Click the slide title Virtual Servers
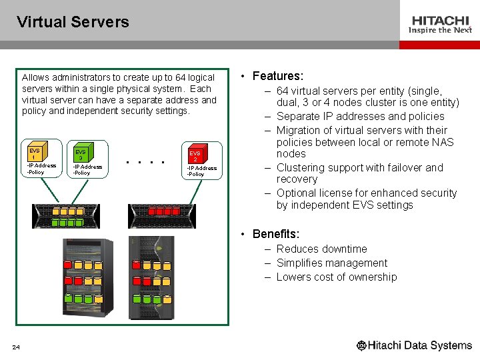pyautogui.click(x=73, y=22)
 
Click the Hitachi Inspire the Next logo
pyautogui.click(x=441, y=25)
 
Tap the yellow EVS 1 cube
pyautogui.click(x=35, y=154)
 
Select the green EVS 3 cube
pyautogui.click(x=81, y=154)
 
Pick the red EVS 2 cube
pyautogui.click(x=195, y=157)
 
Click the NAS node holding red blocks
pyautogui.click(x=162, y=215)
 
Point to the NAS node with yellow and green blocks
pyautogui.click(x=65, y=215)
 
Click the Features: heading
pyautogui.click(x=277, y=76)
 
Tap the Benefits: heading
pyautogui.click(x=275, y=234)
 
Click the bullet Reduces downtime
pyautogui.click(x=321, y=249)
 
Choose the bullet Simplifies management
pyautogui.click(x=331, y=263)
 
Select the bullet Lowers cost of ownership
pyautogui.click(x=336, y=277)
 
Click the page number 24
pyautogui.click(x=16, y=347)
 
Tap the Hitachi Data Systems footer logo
pyautogui.click(x=414, y=345)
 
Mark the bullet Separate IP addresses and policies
pyautogui.click(x=360, y=116)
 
